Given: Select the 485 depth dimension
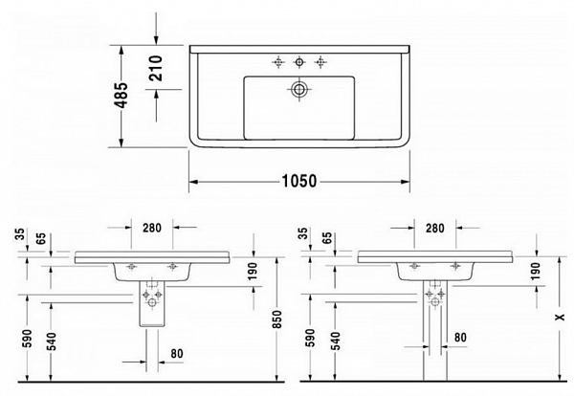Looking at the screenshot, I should (x=122, y=96).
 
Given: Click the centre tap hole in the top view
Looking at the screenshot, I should (x=299, y=62).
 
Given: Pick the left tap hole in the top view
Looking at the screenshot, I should (x=278, y=62).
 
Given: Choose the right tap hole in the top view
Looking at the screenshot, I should (x=320, y=62).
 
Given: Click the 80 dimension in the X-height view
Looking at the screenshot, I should (x=460, y=336).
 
